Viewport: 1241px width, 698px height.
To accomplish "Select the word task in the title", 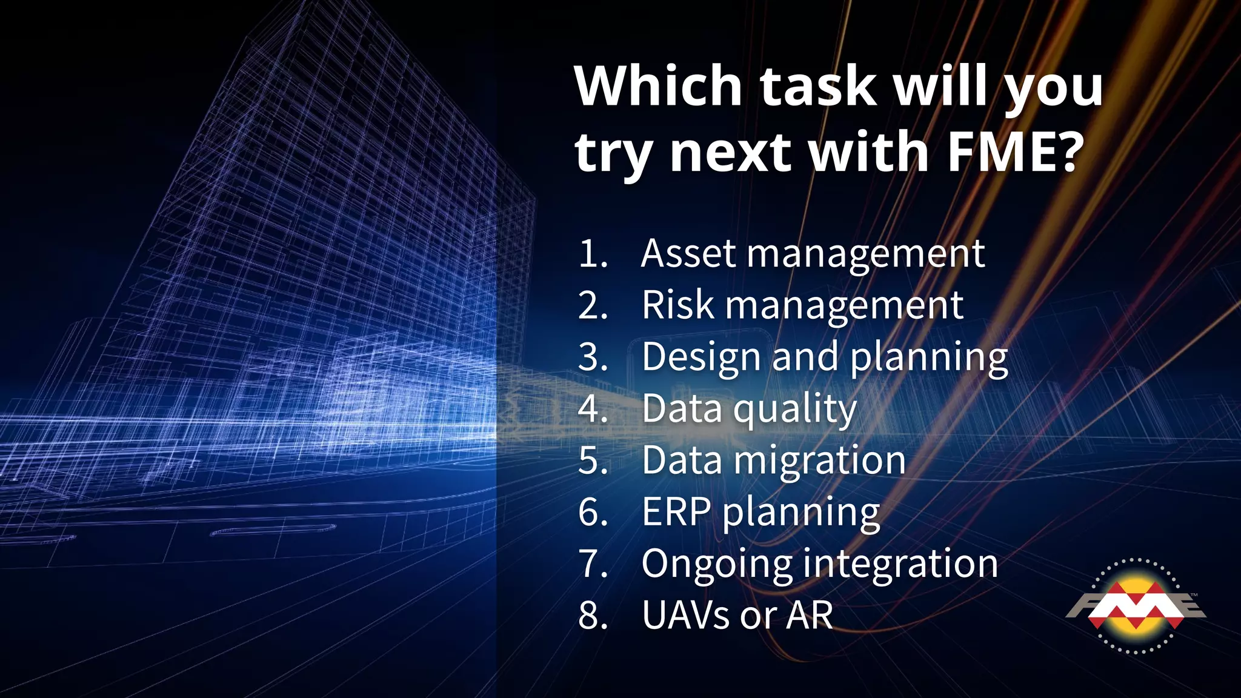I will point(818,86).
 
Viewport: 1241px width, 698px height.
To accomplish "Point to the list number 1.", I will point(591,253).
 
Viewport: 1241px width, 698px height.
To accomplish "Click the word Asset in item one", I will point(688,253).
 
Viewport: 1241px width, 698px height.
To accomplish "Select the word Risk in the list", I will point(677,305).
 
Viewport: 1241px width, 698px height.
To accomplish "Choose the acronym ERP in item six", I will point(676,513).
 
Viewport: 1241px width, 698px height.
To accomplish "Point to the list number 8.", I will point(593,616).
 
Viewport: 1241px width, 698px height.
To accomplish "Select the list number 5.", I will point(593,461).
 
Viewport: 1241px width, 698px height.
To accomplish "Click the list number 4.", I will point(593,409).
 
